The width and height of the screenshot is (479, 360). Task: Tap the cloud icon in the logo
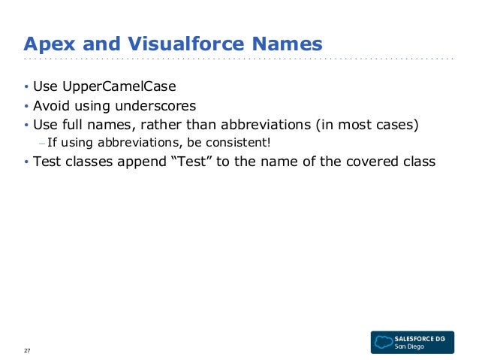click(x=384, y=340)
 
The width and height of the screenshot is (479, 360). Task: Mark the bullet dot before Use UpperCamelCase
click(x=26, y=87)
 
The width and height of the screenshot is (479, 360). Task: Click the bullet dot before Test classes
click(x=26, y=162)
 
